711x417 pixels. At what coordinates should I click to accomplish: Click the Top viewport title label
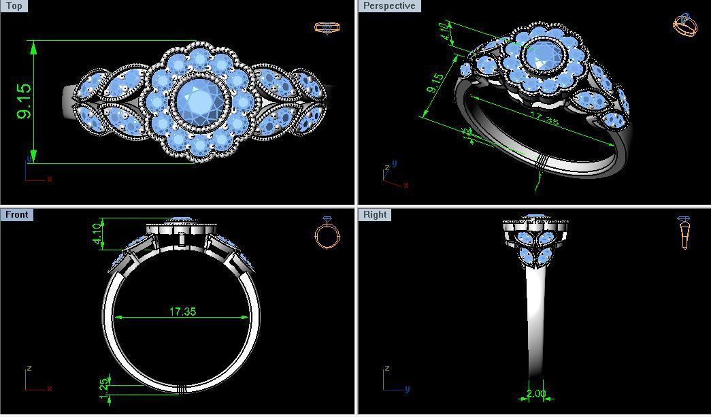coord(13,6)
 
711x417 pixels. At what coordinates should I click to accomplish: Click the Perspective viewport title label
coord(388,6)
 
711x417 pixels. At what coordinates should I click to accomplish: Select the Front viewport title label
coord(16,215)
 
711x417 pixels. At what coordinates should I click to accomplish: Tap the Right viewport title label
coord(375,215)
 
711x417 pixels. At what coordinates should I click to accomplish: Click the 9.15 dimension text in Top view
coord(23,101)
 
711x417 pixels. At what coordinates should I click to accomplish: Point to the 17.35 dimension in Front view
coord(182,312)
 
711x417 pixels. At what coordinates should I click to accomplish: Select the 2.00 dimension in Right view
coord(536,394)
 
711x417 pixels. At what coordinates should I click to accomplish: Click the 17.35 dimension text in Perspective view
coord(542,120)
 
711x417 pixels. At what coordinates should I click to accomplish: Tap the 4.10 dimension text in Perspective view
coord(446,32)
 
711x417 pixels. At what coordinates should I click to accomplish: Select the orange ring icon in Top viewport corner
coord(327,27)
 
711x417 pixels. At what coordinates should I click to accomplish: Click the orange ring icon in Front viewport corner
coord(327,234)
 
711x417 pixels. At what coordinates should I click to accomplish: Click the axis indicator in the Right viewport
coord(393,381)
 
